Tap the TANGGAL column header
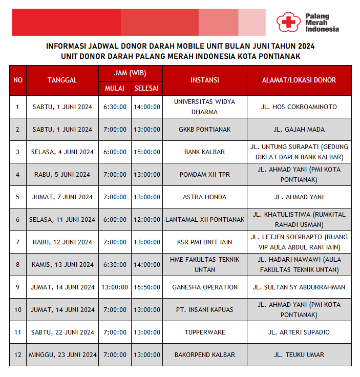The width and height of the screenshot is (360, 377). pyautogui.click(x=62, y=80)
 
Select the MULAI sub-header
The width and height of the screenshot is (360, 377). pyautogui.click(x=115, y=88)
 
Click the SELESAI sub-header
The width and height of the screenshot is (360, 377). pyautogui.click(x=147, y=88)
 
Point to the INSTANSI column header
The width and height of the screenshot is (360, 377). pyautogui.click(x=205, y=80)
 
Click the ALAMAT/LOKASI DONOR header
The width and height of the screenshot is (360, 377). pyautogui.click(x=299, y=80)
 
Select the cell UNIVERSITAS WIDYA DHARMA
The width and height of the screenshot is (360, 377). pyautogui.click(x=205, y=107)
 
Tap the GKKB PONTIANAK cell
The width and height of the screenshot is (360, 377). pyautogui.click(x=205, y=130)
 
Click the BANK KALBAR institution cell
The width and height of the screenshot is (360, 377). pyautogui.click(x=205, y=152)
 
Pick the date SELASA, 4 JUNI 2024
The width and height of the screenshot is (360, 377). pyautogui.click(x=62, y=152)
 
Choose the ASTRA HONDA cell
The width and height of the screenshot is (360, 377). pyautogui.click(x=205, y=197)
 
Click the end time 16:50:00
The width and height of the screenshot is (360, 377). pyautogui.click(x=147, y=287)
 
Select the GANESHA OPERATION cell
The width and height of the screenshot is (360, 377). pyautogui.click(x=205, y=287)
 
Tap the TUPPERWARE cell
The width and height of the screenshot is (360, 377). pyautogui.click(x=205, y=332)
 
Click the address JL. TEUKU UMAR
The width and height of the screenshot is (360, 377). pyautogui.click(x=299, y=355)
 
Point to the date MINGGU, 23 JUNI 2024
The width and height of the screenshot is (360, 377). pyautogui.click(x=62, y=355)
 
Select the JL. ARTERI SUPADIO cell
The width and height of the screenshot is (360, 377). pyautogui.click(x=299, y=332)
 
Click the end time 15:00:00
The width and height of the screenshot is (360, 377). pyautogui.click(x=147, y=152)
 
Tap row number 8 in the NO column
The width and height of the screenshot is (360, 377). pyautogui.click(x=18, y=265)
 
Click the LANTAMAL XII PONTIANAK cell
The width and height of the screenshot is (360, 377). pyautogui.click(x=205, y=220)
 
